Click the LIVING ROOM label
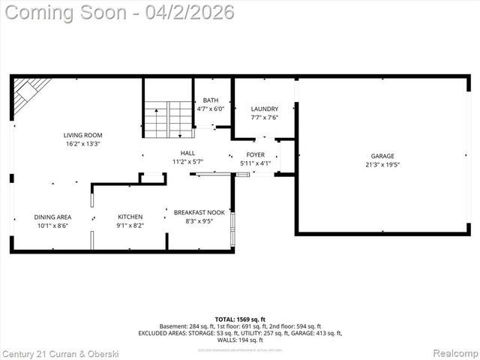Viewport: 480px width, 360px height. click(x=82, y=135)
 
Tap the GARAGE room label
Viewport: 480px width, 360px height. click(x=382, y=156)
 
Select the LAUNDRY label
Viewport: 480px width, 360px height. click(x=264, y=109)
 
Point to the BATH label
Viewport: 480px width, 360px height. click(x=210, y=100)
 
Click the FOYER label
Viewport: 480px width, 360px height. click(x=256, y=155)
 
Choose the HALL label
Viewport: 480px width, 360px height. click(x=187, y=153)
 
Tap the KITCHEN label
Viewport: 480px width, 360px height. click(x=130, y=217)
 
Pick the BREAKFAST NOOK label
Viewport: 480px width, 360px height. click(x=199, y=212)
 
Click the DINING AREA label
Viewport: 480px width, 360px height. click(x=52, y=217)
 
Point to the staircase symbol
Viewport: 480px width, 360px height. click(x=168, y=118)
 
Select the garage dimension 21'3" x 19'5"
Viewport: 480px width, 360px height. click(x=382, y=164)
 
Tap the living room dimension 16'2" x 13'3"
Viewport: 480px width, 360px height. click(x=82, y=143)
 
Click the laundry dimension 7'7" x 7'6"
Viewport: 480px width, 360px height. click(x=264, y=117)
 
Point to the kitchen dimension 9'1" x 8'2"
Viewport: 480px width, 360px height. click(x=130, y=225)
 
